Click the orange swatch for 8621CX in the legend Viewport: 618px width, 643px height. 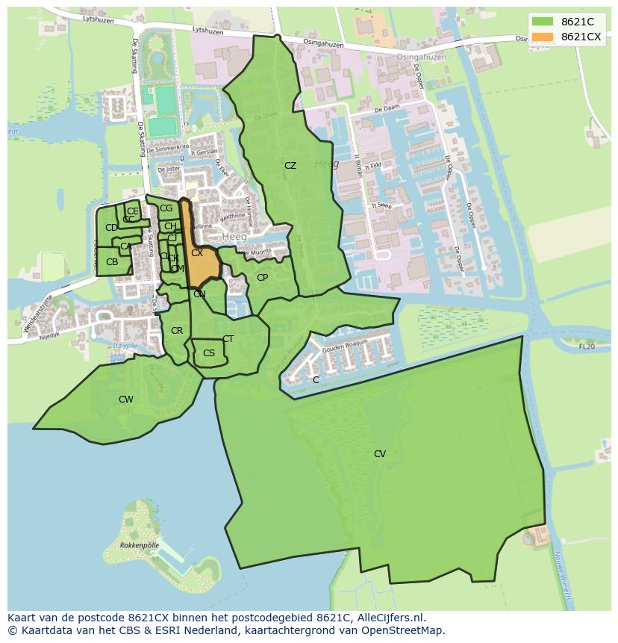[543, 37]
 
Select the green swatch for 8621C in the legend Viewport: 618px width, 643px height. [543, 21]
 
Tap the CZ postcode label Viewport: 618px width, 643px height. [290, 166]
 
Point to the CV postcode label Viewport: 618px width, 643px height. [380, 454]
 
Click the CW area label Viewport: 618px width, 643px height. [126, 400]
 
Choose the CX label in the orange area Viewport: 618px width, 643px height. [197, 253]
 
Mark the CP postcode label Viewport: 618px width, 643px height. [262, 278]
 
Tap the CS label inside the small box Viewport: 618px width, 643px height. [209, 353]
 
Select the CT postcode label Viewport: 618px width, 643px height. [228, 339]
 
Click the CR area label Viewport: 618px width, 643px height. [177, 331]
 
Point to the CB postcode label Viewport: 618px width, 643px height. [112, 262]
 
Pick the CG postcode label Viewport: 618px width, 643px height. [166, 208]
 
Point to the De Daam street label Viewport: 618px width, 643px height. [387, 109]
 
